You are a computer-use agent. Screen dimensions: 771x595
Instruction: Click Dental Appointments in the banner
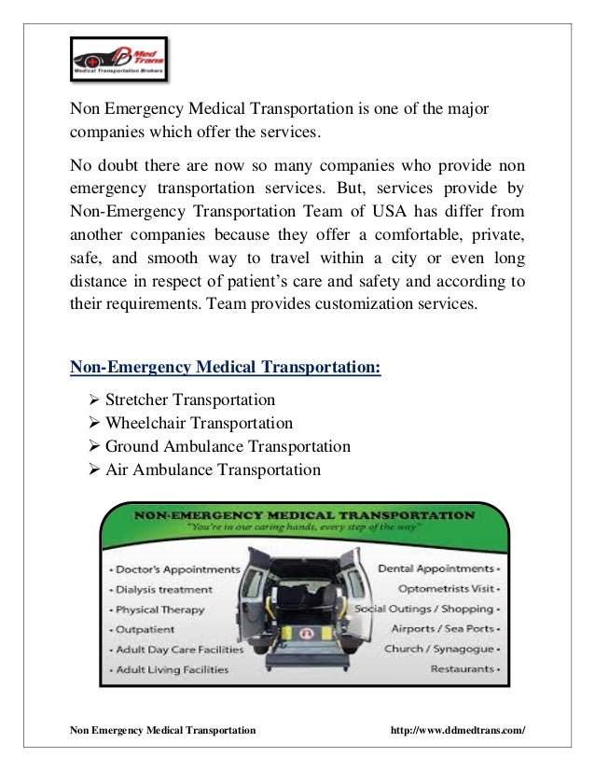point(435,568)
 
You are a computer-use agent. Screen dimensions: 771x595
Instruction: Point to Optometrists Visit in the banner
point(444,589)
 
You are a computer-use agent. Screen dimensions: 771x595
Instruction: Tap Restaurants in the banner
point(461,669)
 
